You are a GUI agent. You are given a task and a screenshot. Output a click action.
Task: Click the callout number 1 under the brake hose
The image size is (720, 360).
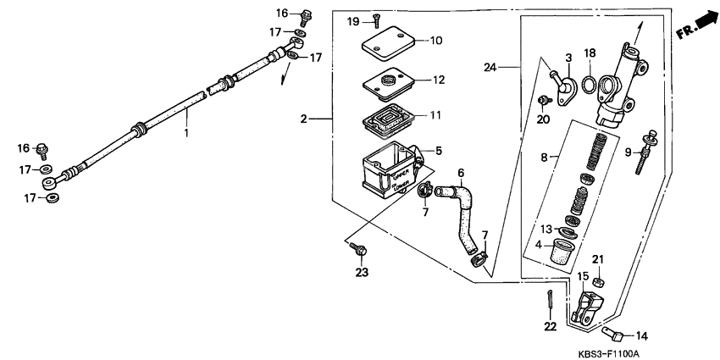[x=187, y=133]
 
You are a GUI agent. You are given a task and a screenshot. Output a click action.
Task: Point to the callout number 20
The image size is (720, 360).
[x=544, y=119]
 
